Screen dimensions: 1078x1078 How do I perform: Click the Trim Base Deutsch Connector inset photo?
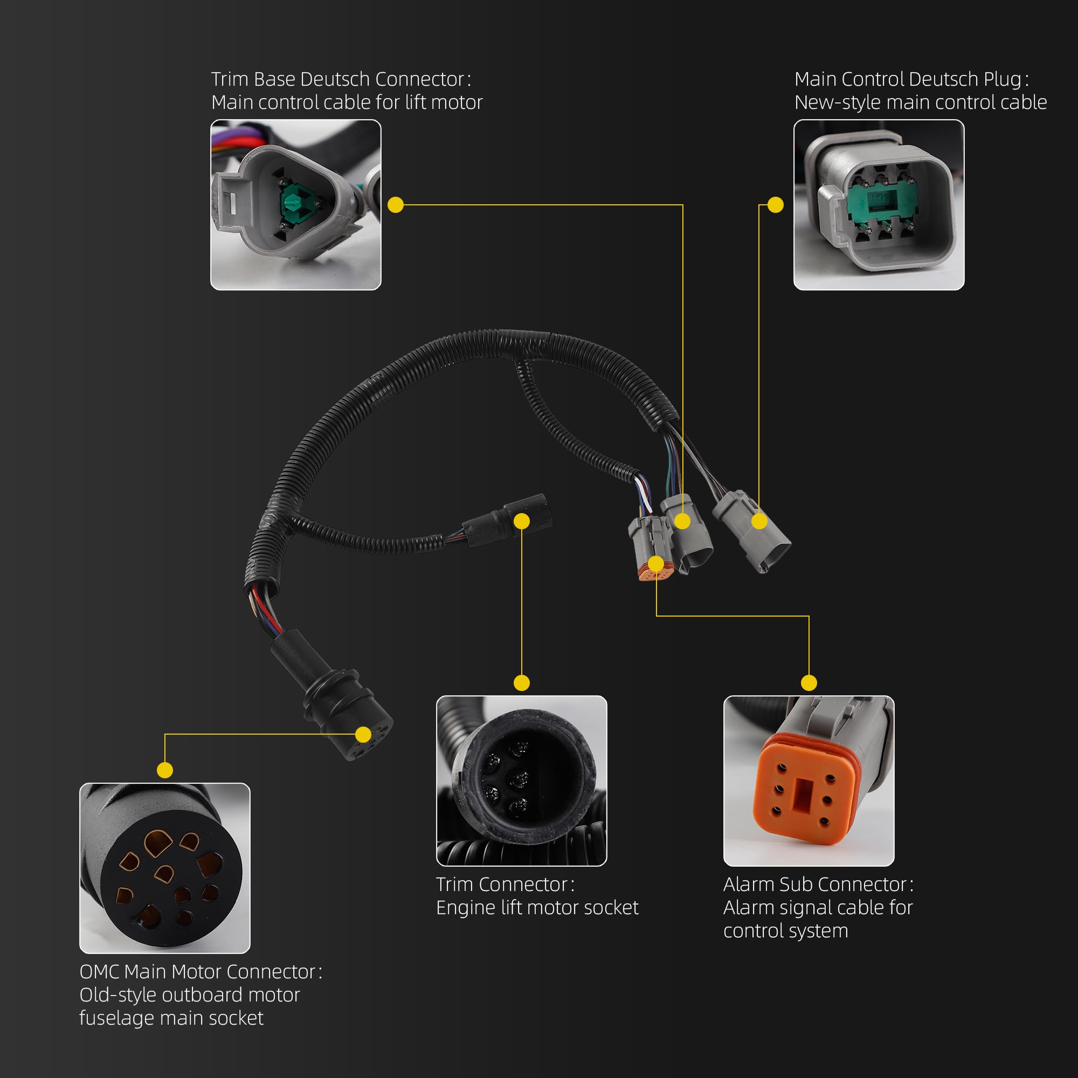pos(296,205)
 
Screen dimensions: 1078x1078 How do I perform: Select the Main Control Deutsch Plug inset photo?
pos(879,205)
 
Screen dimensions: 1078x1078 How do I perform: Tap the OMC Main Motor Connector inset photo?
pos(165,868)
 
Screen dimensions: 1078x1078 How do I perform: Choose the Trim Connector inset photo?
pos(522,780)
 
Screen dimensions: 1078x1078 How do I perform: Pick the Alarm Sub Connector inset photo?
pos(809,780)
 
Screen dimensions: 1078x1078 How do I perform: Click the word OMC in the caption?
pos(99,972)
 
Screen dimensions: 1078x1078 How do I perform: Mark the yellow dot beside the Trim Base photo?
pos(396,205)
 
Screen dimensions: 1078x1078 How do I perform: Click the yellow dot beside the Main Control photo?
pos(776,205)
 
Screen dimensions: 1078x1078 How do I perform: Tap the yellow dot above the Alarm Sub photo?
pos(809,682)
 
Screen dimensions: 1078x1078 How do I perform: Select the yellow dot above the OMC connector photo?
pos(165,770)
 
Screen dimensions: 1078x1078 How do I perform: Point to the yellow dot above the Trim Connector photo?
pos(522,682)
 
